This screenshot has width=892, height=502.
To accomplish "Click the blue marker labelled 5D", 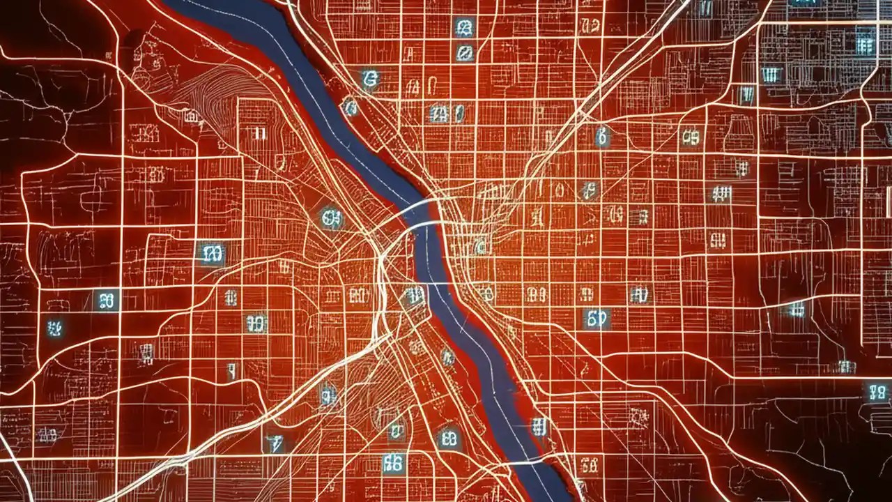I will click(597, 319).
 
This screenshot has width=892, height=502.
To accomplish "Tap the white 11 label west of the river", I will click(259, 134).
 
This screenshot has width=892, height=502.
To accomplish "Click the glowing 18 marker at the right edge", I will click(877, 392).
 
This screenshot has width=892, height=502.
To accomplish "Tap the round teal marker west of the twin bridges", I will click(332, 218).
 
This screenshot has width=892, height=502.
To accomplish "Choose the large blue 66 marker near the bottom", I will click(393, 462).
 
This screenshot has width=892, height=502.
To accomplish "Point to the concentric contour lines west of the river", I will click(209, 91).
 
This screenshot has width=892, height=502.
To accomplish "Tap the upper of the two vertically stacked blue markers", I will click(463, 28).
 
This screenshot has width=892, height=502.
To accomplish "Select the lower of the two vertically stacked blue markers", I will click(463, 52).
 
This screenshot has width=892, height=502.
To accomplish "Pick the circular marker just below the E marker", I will click(349, 107).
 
